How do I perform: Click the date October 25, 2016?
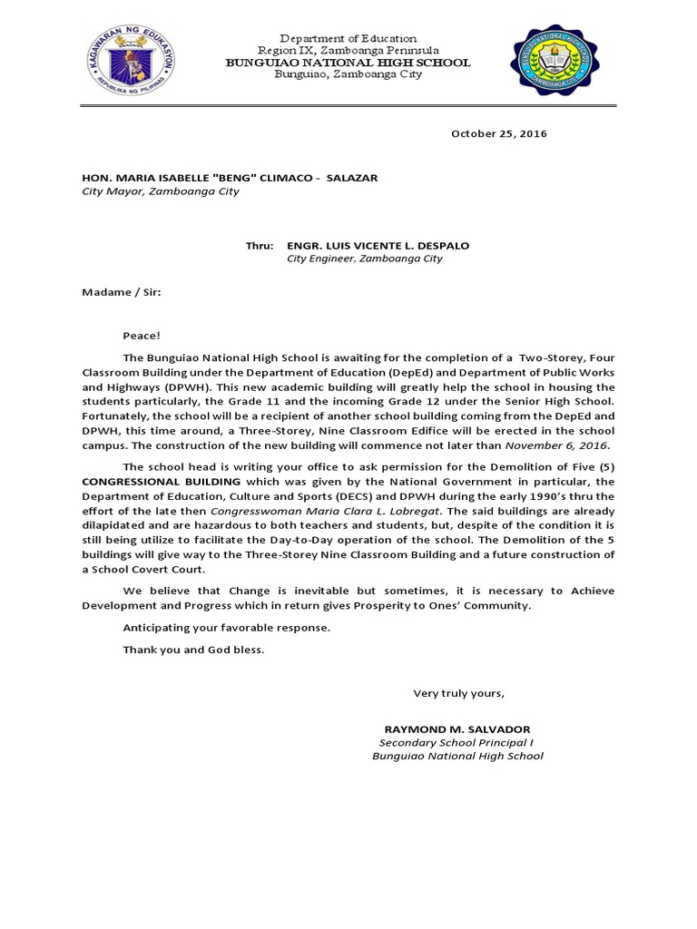coord(499,134)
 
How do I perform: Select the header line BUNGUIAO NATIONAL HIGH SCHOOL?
coord(348,63)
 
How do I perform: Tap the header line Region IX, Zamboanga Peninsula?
coord(348,51)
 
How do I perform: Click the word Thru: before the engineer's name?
coord(260,246)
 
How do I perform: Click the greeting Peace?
coord(142,336)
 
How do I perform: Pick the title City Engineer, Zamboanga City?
coord(365,259)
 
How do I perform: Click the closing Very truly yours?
coord(458,693)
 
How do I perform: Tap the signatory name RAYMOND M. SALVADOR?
coord(457,729)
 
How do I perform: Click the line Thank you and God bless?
coord(194,650)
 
